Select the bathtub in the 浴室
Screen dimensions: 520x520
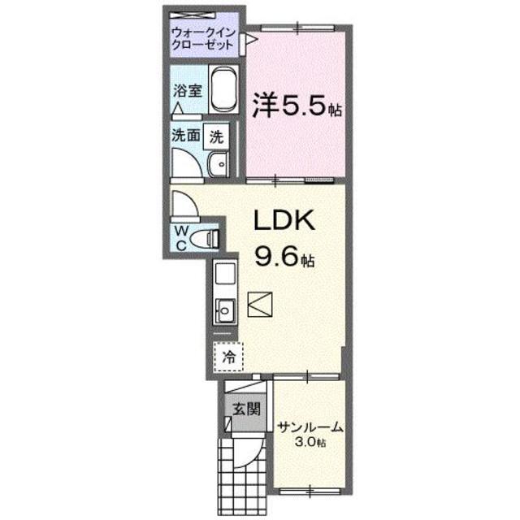tap(222, 93)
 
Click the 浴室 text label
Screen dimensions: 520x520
tap(187, 92)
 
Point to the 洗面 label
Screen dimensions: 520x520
tap(184, 136)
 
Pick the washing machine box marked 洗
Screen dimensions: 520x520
tap(215, 137)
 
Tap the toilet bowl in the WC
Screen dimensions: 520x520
tap(210, 238)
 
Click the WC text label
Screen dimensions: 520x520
tap(181, 238)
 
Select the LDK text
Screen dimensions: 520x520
tap(280, 221)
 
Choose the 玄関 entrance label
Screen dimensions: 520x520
tap(243, 409)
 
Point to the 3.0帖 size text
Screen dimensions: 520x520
tap(310, 443)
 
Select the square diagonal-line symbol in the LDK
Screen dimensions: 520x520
tap(262, 305)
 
